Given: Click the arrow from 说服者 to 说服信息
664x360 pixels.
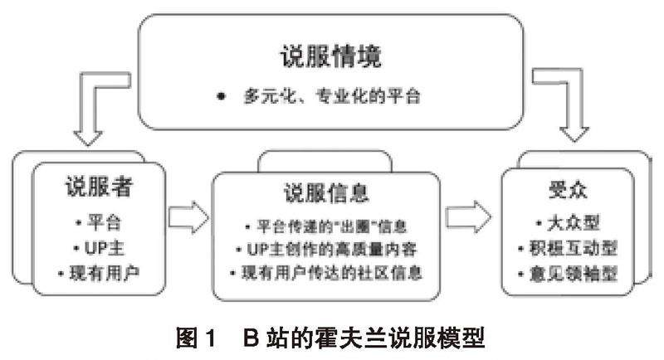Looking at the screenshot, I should tap(187, 218).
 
